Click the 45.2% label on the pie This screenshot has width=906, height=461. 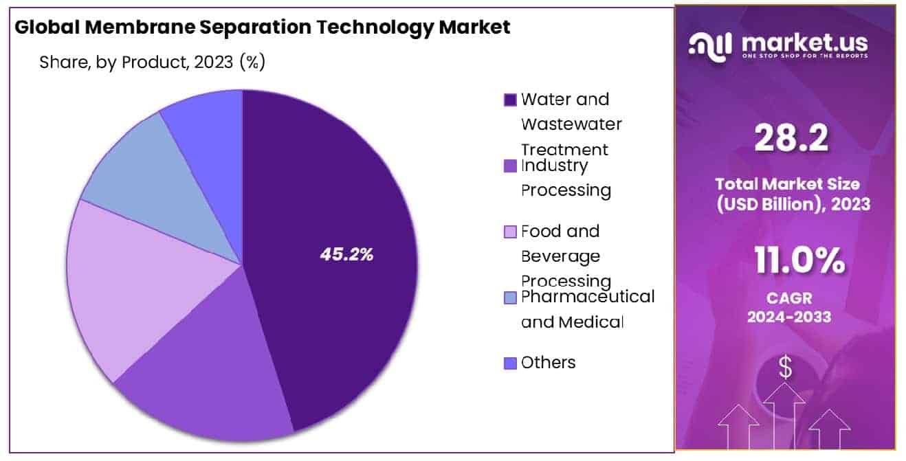346,254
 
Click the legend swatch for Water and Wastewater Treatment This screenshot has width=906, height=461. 510,100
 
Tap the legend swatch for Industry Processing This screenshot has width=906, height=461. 510,166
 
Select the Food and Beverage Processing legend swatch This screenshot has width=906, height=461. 510,232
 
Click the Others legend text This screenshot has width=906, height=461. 548,362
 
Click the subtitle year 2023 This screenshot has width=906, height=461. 213,62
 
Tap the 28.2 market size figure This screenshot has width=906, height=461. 791,139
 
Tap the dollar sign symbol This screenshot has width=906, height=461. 784,369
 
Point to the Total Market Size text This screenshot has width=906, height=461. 786,184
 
